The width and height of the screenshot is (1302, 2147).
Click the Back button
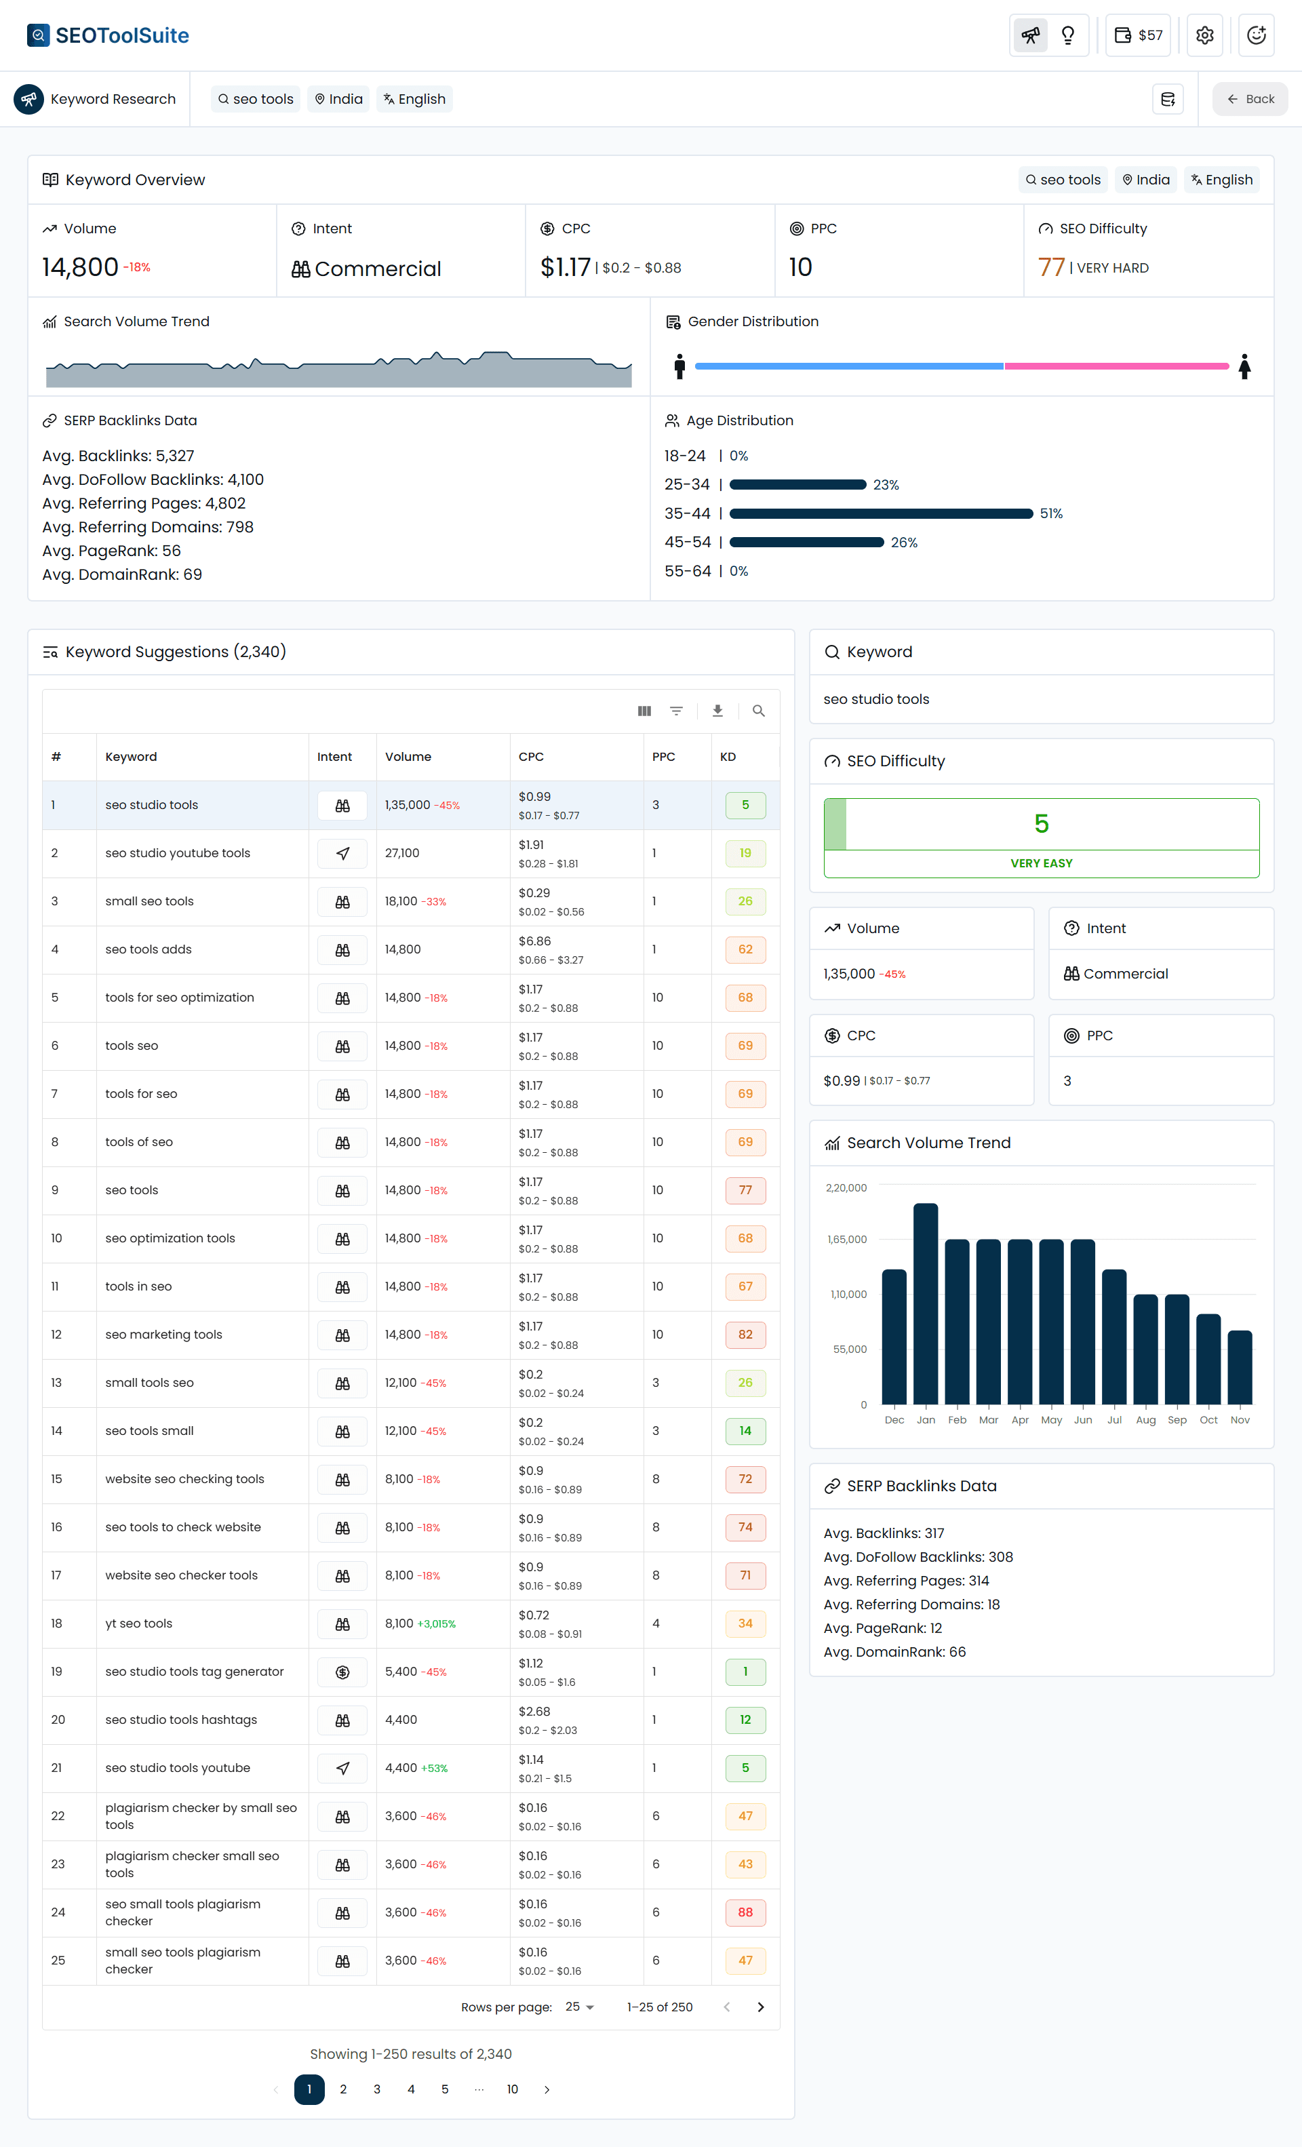[x=1250, y=99]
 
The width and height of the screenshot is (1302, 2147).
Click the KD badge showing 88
[x=745, y=1912]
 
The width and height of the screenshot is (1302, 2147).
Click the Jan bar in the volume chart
[x=926, y=1303]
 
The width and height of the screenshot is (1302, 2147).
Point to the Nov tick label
[x=1239, y=1419]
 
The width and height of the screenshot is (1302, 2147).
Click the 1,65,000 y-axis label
[x=846, y=1239]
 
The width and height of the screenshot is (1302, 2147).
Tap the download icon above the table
[x=717, y=711]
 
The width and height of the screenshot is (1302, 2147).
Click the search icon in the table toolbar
[x=758, y=711]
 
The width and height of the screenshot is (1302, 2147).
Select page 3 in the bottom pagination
[x=376, y=2089]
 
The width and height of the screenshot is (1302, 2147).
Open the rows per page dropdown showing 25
[x=580, y=2007]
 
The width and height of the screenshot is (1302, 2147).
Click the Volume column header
[x=408, y=756]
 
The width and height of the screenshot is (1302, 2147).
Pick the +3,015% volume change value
[x=437, y=1624]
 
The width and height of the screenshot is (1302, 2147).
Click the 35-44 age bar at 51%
[x=880, y=513]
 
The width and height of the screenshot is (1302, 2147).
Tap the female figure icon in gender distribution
[x=1244, y=366]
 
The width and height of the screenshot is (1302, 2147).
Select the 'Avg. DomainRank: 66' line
[x=894, y=1652]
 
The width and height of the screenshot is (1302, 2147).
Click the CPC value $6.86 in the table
[x=534, y=941]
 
